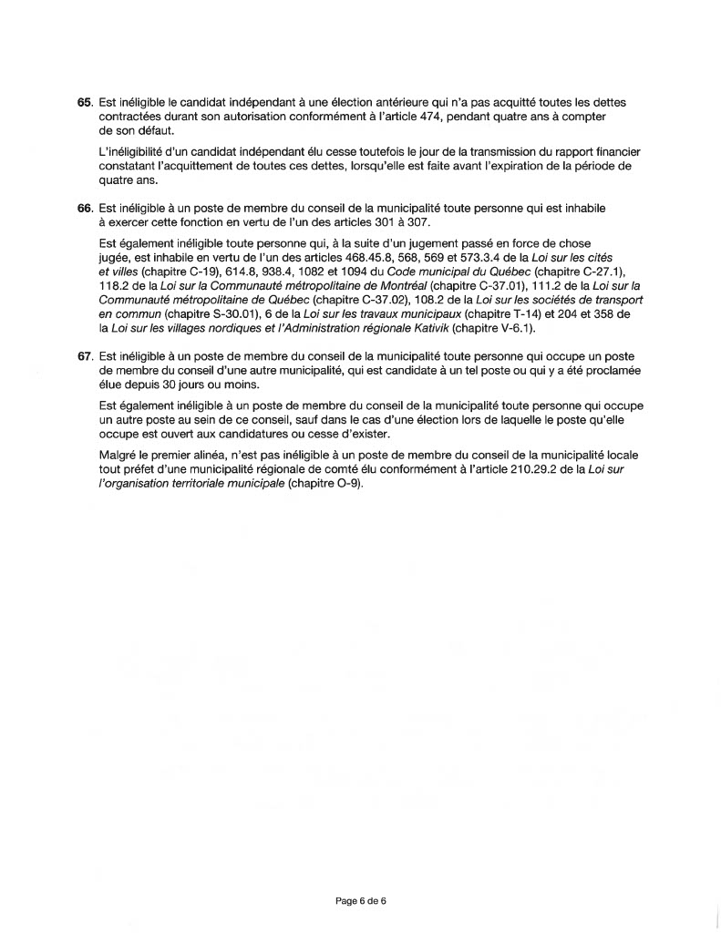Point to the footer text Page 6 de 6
click(x=362, y=901)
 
